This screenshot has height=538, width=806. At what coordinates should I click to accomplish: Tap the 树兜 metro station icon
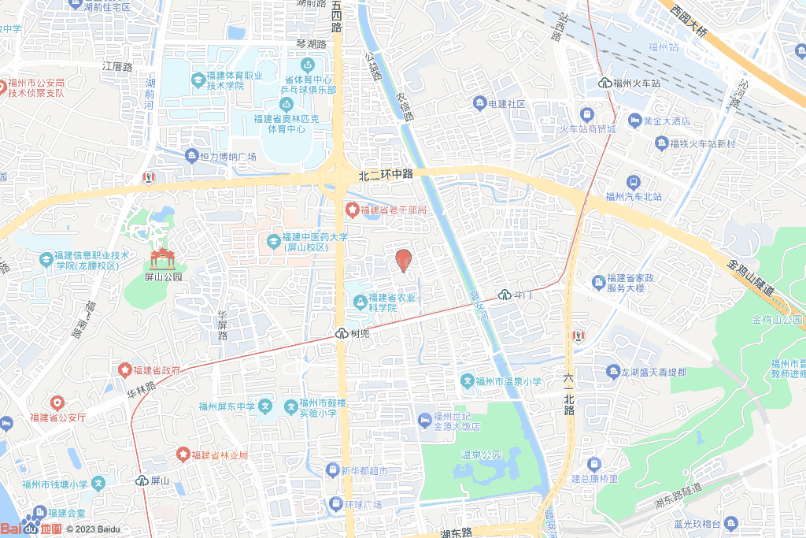point(342,333)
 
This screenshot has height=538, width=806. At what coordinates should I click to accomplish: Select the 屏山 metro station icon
point(142,480)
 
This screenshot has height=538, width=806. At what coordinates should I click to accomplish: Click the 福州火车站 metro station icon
point(605,82)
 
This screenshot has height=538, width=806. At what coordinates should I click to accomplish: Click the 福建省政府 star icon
point(124,369)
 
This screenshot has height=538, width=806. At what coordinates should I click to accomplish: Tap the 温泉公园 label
point(481,455)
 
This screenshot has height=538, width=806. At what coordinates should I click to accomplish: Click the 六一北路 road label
point(568,394)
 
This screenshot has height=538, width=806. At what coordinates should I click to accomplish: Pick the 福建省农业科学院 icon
point(360,301)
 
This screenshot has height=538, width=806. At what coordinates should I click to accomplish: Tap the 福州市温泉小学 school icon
point(468,382)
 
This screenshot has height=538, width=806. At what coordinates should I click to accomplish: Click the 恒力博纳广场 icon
point(191,156)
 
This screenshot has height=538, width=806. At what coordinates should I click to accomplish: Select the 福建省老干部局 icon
point(351,210)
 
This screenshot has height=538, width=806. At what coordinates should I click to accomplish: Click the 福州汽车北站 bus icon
point(633,182)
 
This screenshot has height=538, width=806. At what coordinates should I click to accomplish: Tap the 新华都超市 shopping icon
point(332,470)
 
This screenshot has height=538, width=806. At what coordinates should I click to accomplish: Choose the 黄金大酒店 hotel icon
point(634,121)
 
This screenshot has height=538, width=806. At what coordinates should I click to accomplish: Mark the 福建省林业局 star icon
point(183,455)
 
